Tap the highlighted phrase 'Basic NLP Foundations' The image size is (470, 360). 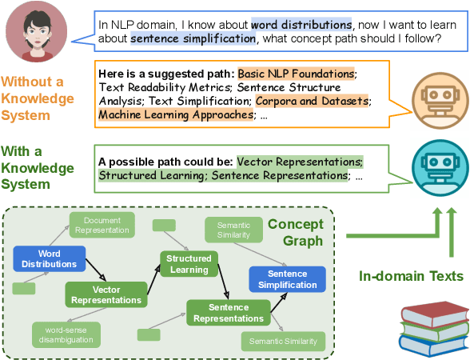click(296, 74)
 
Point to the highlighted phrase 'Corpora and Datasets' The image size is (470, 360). click(313, 101)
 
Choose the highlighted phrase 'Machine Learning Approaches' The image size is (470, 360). click(175, 114)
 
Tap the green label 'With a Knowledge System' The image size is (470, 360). click(38, 168)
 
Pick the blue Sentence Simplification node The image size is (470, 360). click(287, 279)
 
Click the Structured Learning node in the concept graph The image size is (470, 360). click(189, 264)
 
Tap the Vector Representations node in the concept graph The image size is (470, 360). click(106, 295)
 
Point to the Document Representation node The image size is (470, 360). click(102, 225)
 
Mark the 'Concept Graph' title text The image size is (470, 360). click(295, 232)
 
